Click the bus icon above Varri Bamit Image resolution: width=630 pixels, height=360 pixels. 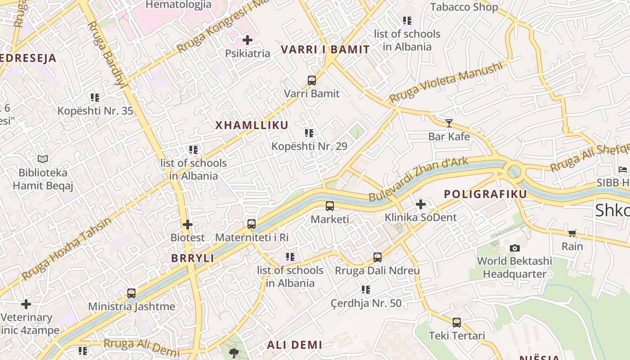312,81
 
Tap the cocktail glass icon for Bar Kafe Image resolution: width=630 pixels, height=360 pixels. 449,123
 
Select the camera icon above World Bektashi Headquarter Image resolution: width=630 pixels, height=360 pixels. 515,248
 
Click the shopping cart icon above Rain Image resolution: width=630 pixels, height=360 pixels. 572,233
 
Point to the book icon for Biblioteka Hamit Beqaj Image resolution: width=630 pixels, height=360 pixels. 43,159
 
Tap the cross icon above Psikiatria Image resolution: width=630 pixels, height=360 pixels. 247,40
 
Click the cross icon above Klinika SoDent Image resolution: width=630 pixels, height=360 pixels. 420,205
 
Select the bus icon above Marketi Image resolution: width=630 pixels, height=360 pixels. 330,206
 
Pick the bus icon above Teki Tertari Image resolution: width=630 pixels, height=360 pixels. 457,323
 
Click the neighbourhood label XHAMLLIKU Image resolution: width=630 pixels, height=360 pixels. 252,126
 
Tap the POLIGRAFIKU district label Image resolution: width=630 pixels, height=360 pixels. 485,194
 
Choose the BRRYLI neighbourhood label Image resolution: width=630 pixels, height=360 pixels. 193,258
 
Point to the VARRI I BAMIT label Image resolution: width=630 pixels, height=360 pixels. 325,49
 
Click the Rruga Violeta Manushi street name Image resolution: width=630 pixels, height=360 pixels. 445,82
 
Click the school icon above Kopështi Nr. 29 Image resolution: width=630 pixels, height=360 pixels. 309,133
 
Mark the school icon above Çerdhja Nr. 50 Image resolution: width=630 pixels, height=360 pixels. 365,290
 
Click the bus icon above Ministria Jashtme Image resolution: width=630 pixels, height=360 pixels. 131,293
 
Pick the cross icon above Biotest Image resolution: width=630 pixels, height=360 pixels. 188,224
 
